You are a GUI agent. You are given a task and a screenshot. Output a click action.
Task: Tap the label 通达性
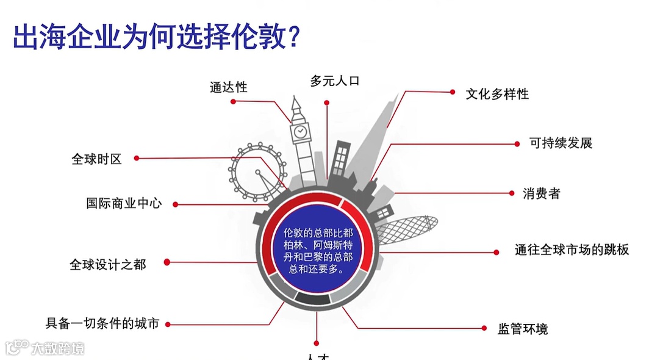tap(229, 87)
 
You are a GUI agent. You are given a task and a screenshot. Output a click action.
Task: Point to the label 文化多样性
tap(497, 94)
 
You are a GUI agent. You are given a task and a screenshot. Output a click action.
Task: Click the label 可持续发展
tap(561, 143)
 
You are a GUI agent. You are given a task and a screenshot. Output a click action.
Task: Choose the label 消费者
tap(541, 194)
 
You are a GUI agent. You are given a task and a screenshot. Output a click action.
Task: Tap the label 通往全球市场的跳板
tap(572, 250)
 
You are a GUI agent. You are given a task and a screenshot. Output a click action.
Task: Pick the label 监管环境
tap(523, 329)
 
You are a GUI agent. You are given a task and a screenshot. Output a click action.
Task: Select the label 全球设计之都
tap(108, 265)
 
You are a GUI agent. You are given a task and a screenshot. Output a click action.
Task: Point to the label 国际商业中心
tap(124, 204)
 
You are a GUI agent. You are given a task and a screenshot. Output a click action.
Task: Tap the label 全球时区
tap(97, 159)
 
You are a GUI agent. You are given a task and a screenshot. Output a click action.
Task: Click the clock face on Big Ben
tap(300, 131)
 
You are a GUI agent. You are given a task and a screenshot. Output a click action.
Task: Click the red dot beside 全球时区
tap(137, 158)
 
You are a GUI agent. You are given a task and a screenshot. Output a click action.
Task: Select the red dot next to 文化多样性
tap(453, 92)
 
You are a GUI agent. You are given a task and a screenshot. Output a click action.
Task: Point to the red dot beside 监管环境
tap(484, 328)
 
